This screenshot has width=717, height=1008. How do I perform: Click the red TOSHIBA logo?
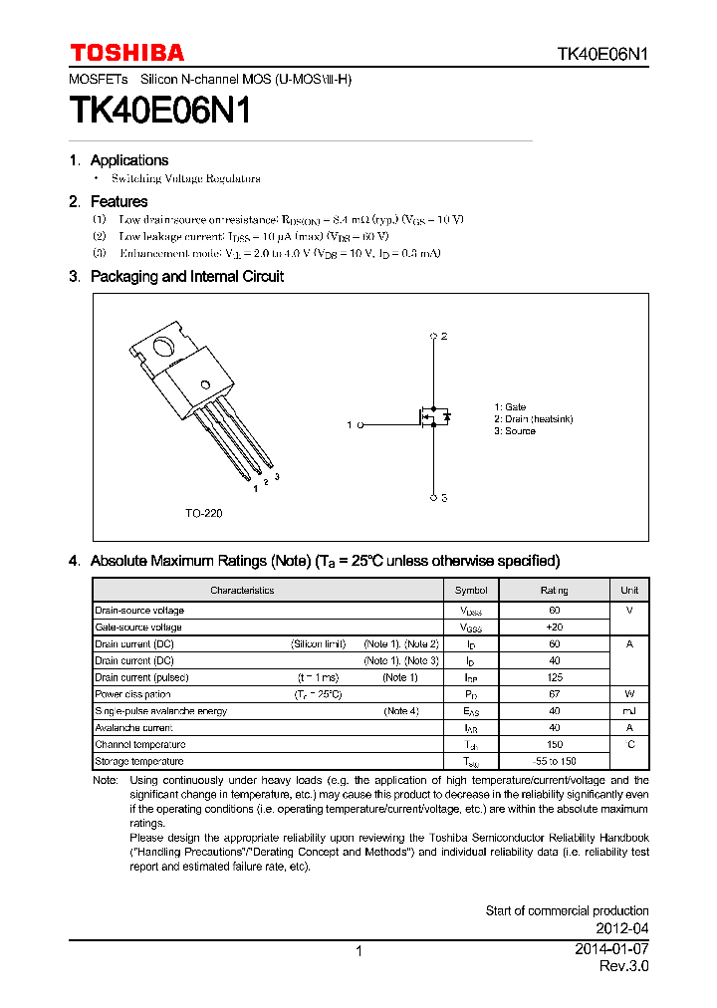click(126, 53)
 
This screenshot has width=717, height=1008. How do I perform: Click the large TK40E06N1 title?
click(159, 111)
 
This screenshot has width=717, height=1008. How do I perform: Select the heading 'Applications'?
click(128, 160)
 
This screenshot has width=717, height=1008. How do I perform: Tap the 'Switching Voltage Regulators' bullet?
click(185, 178)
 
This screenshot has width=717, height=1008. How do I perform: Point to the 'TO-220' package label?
click(203, 513)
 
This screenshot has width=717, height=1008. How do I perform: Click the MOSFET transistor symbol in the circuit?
click(432, 416)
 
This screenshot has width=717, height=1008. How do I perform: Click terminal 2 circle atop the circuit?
click(433, 337)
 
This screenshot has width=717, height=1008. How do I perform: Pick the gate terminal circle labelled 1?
click(359, 425)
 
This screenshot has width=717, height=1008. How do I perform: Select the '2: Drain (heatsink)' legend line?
click(533, 419)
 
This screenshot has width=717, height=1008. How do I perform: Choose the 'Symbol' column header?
click(471, 591)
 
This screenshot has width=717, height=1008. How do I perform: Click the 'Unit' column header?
click(629, 591)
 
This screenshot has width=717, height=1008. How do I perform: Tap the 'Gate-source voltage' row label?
click(138, 628)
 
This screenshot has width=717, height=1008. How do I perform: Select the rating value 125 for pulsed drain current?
click(554, 677)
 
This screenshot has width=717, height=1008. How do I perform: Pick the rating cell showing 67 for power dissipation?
click(554, 694)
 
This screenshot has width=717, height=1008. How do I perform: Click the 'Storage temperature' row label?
click(139, 761)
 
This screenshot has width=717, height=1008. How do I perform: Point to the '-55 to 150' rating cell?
click(554, 761)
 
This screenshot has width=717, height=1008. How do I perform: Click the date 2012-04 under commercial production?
click(623, 928)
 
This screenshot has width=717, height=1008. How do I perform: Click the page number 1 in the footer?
click(358, 951)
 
